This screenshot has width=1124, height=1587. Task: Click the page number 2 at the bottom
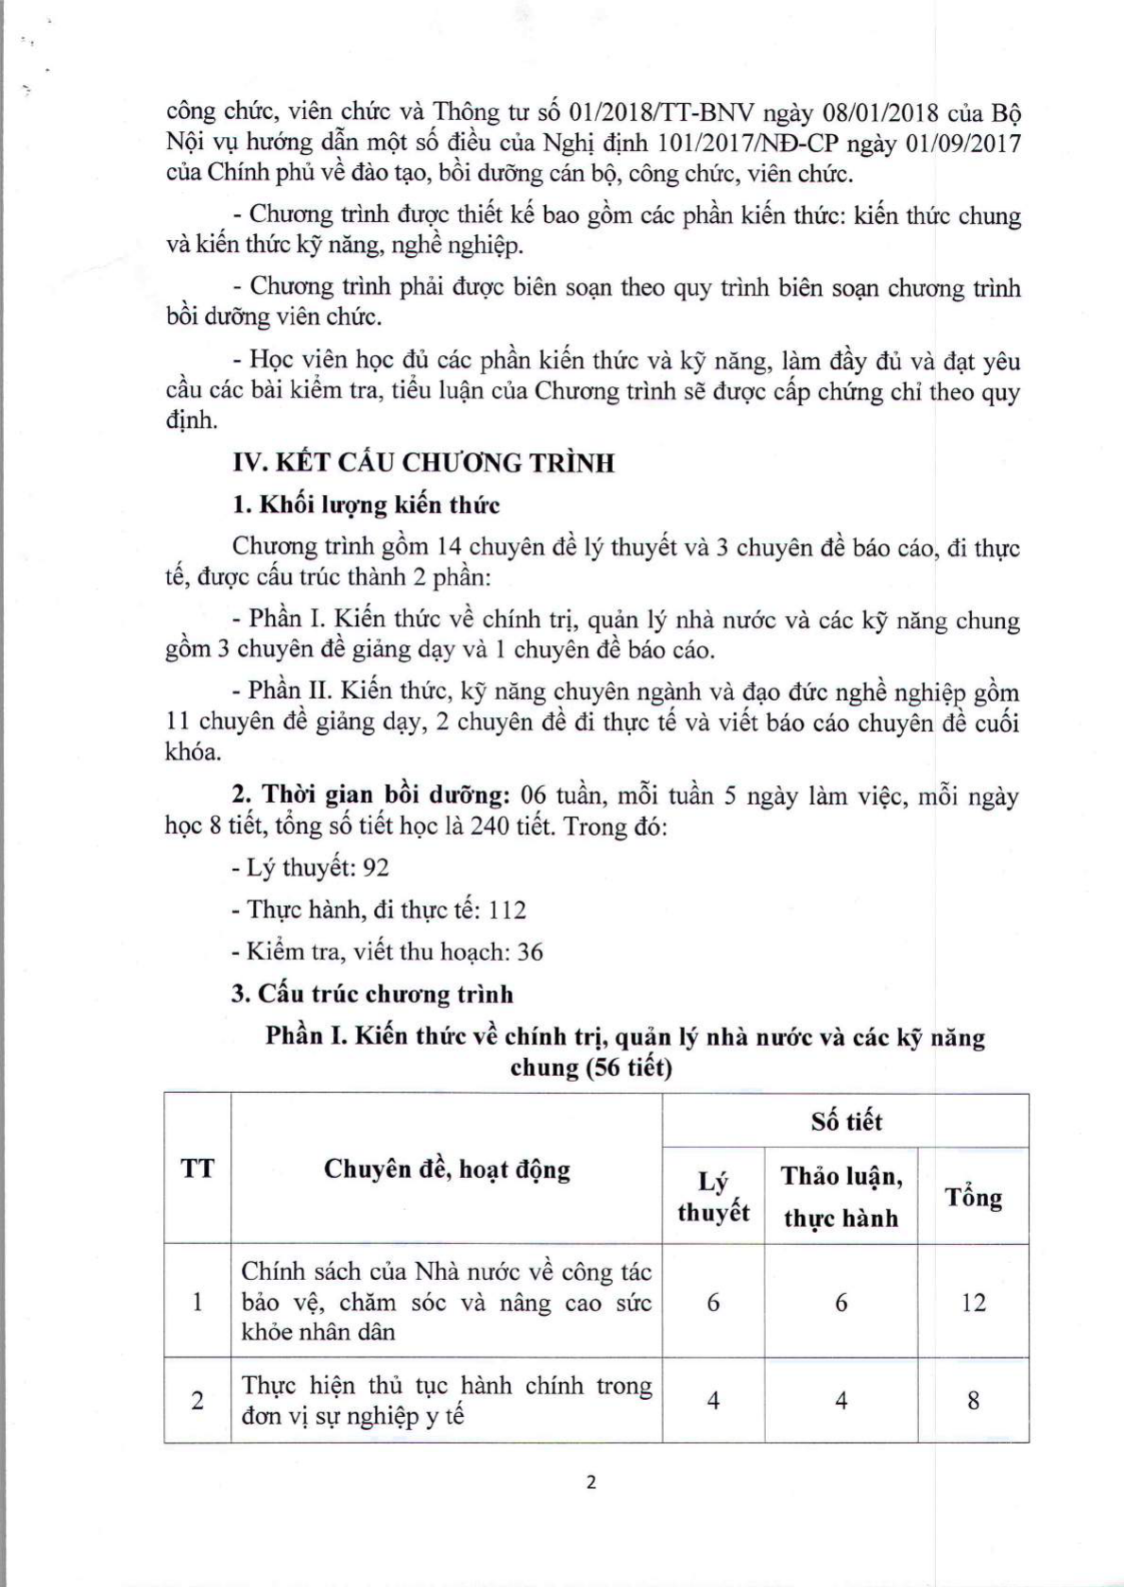click(591, 1482)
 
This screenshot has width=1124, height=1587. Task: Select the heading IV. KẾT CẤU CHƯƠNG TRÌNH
click(423, 463)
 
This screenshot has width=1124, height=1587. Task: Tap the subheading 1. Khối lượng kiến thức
click(366, 505)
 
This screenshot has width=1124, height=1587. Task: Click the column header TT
click(197, 1169)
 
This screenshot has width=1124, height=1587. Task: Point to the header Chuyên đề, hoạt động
click(447, 1169)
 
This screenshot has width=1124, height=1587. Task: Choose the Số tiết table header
click(845, 1121)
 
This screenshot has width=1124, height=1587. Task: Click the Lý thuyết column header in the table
click(713, 1197)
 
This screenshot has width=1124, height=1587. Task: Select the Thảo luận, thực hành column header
click(841, 1197)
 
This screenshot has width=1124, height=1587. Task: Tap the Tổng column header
click(973, 1197)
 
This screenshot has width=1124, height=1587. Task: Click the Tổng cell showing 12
click(973, 1303)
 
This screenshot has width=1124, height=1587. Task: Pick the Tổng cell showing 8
click(973, 1400)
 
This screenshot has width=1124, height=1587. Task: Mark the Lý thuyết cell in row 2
click(713, 1400)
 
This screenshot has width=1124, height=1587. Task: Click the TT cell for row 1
click(197, 1303)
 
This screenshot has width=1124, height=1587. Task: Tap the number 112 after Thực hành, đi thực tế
click(508, 910)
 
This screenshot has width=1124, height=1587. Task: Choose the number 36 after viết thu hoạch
click(530, 951)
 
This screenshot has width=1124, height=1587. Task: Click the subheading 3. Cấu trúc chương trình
click(372, 994)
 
